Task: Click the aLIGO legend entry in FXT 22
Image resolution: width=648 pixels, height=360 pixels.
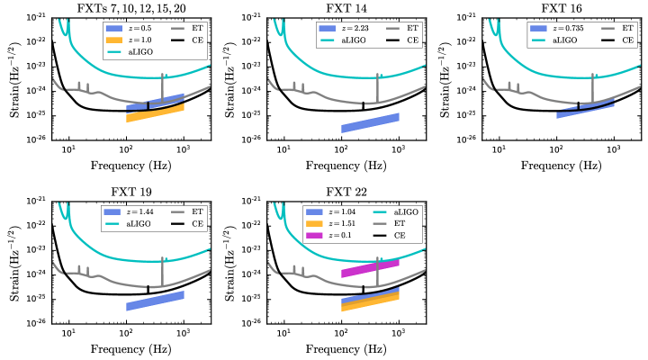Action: click(x=386, y=212)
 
